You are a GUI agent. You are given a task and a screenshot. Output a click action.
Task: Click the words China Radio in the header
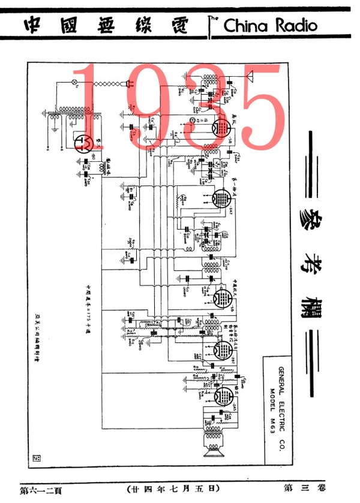pyautogui.click(x=270, y=26)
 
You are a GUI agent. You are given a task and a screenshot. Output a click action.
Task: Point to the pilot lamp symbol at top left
pyautogui.click(x=74, y=82)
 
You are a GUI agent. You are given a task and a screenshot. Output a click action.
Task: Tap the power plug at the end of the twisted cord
pyautogui.click(x=127, y=85)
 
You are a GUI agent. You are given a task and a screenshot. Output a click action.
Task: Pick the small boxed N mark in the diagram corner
pyautogui.click(x=35, y=459)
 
